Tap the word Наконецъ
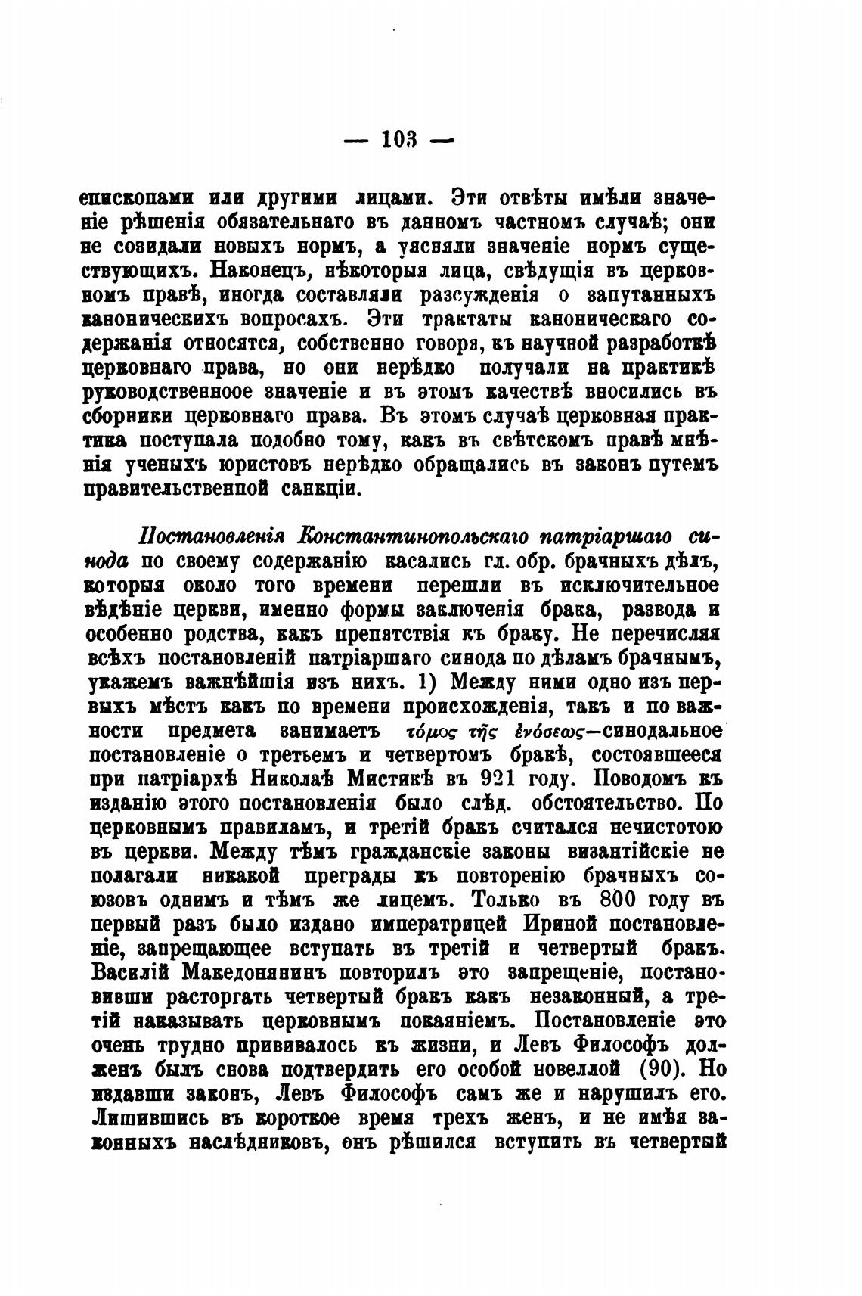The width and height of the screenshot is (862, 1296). coord(256,269)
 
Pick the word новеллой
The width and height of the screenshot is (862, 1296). coord(581,1069)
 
